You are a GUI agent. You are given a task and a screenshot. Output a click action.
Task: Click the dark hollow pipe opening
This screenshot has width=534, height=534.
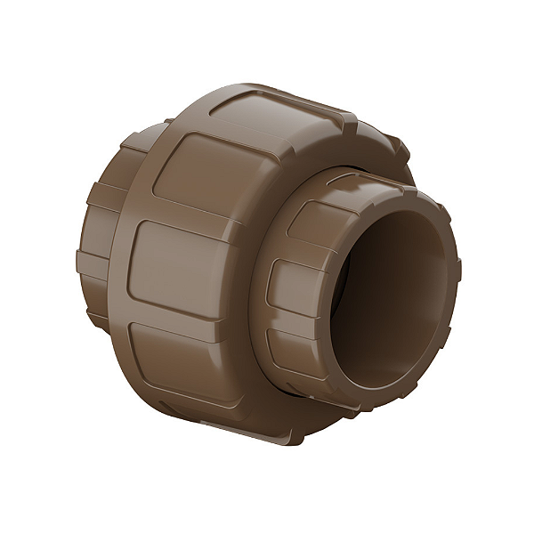[392, 294]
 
